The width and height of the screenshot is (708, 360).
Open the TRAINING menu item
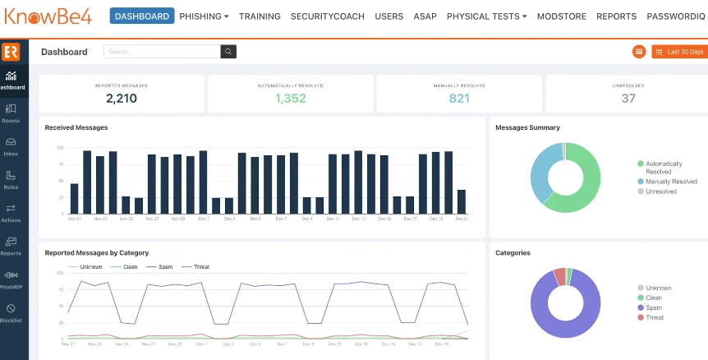point(260,16)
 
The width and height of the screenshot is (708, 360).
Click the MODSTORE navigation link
point(563,16)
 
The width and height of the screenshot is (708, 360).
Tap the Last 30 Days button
point(678,52)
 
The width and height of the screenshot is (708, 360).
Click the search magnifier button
point(228,52)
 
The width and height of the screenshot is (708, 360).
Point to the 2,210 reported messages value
point(122,99)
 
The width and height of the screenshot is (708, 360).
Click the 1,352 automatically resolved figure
point(290,99)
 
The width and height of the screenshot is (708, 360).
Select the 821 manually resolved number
point(459,99)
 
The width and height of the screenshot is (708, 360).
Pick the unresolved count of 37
point(628,99)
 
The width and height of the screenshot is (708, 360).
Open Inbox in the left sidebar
point(11,145)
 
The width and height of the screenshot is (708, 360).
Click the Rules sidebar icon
point(11,179)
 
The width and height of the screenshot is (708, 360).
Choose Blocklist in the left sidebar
point(11,312)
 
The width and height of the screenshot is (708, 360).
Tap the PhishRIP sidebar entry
point(11,279)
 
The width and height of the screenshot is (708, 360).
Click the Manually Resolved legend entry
point(671,182)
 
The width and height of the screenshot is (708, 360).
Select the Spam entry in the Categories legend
point(654,307)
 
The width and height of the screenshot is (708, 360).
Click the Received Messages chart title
point(76,127)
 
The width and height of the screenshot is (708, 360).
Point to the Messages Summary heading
point(527,127)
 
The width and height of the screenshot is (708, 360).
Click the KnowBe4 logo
point(49,16)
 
